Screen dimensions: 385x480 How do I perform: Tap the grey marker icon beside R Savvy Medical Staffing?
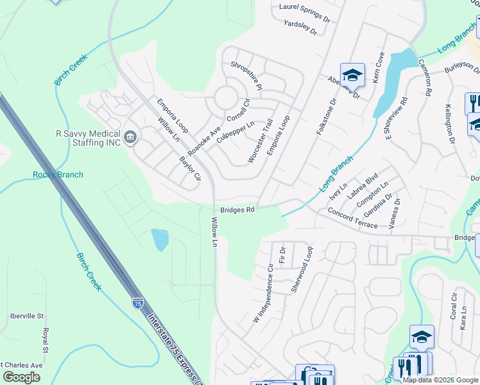coord(130,136)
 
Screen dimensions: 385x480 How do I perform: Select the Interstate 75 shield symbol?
coord(138,304)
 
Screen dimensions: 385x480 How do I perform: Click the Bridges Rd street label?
coord(237,209)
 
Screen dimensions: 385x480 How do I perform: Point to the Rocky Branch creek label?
coord(58,175)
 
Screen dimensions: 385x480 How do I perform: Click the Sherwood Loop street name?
coord(302,269)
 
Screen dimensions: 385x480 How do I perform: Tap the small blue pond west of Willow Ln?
coord(160,239)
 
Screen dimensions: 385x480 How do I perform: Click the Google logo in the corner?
coord(21,377)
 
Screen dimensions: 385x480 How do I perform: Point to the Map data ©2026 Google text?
coord(441,380)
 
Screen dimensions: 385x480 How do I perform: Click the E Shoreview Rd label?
coord(395,117)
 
